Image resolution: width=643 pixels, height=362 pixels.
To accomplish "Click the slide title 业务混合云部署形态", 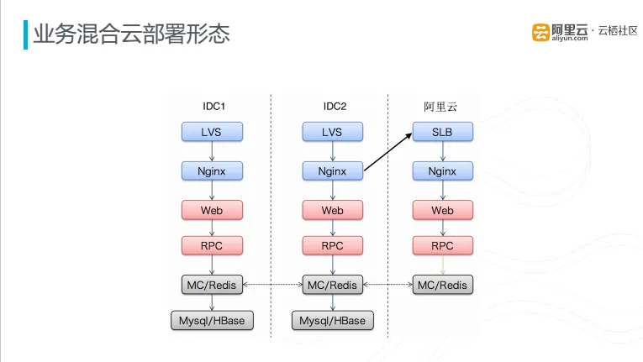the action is pos(131,34).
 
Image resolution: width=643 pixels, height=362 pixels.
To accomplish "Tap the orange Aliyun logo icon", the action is pos(540,33).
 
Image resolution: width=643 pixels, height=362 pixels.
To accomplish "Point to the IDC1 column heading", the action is pos(213,106).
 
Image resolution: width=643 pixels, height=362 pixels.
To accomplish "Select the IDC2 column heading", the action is pos(335,106).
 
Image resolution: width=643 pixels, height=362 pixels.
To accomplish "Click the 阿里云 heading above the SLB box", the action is pos(440,107).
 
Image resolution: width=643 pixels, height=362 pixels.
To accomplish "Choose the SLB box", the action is pos(442,132).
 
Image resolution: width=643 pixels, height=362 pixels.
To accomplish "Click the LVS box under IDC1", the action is pos(212,132).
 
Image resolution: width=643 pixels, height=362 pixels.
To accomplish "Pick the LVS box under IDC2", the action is pos(333,132).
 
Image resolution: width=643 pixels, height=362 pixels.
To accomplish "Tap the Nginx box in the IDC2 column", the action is pos(333,171).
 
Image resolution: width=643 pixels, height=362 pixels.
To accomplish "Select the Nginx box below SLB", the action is pos(442,171).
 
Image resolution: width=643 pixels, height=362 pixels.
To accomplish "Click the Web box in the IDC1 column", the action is pos(212,210).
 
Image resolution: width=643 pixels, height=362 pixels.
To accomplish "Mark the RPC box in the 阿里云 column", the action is pos(442,245).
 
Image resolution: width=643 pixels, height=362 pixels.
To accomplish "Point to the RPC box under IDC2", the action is pos(333,245).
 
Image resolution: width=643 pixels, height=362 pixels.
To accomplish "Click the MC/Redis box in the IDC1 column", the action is pos(212,285).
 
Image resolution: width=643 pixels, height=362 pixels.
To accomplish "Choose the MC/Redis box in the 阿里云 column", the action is pos(442,285).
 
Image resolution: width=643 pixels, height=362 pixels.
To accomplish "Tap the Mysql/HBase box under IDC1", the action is pos(212,320).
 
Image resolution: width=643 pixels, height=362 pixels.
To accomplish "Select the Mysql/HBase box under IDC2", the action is pos(333,320).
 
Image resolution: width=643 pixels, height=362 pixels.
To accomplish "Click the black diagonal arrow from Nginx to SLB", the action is pos(388,152).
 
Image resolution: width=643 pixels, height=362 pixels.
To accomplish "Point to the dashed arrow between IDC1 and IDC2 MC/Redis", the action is pos(272,284).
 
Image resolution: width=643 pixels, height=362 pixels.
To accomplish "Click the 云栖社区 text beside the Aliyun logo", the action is pos(618,31).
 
